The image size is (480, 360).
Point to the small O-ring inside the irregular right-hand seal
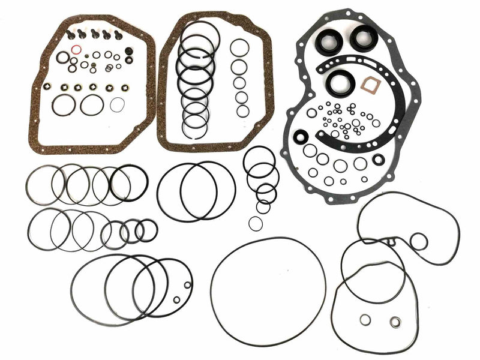(419, 242)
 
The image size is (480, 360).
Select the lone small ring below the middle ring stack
(255, 223)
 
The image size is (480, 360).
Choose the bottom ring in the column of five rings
(242, 111)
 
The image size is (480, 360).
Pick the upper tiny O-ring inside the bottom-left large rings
(188, 286)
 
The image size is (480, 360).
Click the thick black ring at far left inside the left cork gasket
(63, 105)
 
